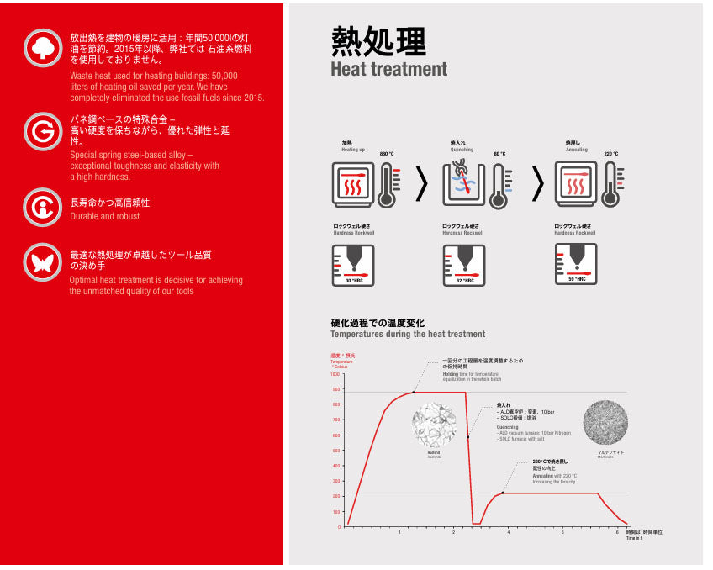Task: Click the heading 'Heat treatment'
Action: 388,69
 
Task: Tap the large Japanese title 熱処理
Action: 378,40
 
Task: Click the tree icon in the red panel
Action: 42,48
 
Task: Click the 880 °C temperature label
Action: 387,154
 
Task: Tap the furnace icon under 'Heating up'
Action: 353,185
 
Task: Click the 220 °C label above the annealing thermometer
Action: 611,154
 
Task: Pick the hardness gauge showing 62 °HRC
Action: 464,265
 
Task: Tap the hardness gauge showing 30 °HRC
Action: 353,265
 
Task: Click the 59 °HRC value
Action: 576,279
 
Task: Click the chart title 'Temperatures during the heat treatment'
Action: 408,334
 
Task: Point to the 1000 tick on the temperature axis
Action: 336,374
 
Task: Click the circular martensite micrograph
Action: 605,422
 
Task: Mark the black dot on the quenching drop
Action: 467,436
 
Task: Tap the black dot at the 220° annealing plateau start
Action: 503,493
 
